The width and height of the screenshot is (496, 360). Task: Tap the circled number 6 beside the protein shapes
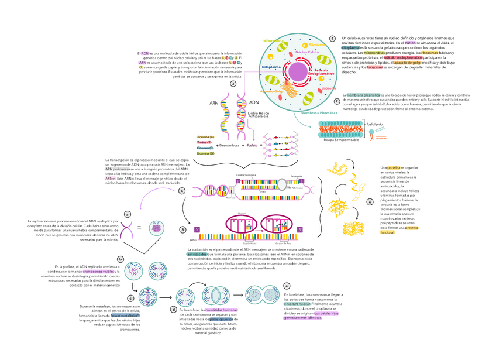tap(370, 203)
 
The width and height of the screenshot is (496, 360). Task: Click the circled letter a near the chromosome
tap(126, 214)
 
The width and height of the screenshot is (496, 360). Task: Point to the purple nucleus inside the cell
tap(298, 73)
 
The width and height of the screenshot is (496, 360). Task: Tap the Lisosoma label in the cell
tap(329, 88)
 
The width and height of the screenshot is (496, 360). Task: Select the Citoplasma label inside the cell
tap(271, 67)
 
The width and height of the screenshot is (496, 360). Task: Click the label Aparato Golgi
tap(271, 92)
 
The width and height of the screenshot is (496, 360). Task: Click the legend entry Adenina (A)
tap(206, 137)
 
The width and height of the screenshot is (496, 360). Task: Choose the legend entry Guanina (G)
tap(206, 153)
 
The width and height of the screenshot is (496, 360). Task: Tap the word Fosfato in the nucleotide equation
tap(253, 145)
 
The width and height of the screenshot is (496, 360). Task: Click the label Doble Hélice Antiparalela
tap(258, 115)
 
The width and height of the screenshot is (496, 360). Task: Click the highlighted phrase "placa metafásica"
tap(126, 315)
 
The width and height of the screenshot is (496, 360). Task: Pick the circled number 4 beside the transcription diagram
tap(182, 191)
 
